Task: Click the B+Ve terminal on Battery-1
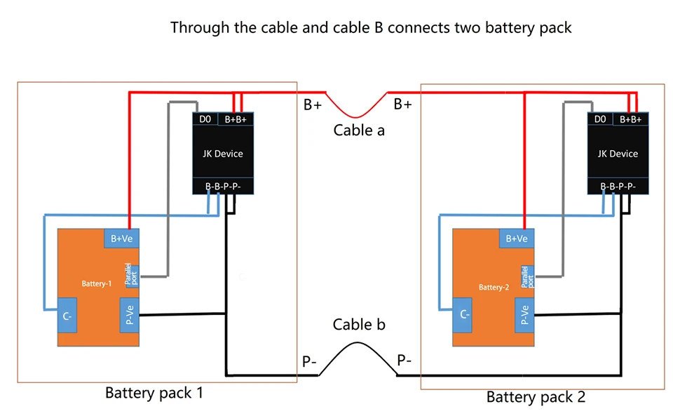point(122,239)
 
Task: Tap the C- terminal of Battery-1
point(68,317)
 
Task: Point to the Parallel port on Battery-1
point(132,275)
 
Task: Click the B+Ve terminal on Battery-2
point(517,239)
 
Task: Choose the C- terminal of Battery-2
point(463,316)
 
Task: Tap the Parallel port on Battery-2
point(527,276)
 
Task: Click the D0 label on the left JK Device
point(205,119)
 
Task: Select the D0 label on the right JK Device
point(600,119)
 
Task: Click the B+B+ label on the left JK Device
point(236,119)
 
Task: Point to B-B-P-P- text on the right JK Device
point(618,187)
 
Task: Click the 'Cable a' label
point(359,130)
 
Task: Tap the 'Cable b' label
point(359,325)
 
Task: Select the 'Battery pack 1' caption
point(154,393)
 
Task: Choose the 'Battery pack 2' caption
point(536,397)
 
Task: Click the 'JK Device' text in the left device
point(223,154)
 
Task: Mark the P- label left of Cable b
point(309,361)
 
